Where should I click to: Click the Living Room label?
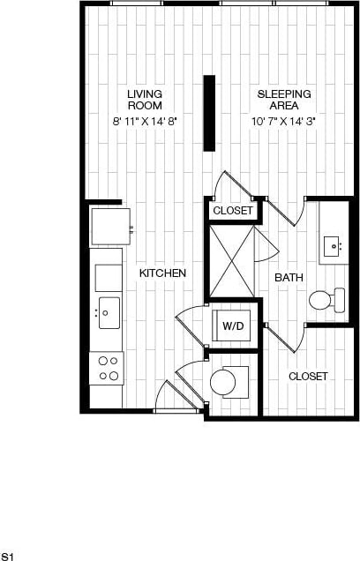pyautogui.click(x=144, y=99)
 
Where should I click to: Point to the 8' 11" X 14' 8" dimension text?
pyautogui.click(x=144, y=121)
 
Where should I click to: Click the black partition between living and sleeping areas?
pyautogui.click(x=209, y=112)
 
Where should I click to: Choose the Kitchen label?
pyautogui.click(x=162, y=273)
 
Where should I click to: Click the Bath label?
pyautogui.click(x=289, y=277)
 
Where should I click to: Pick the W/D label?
pyautogui.click(x=233, y=325)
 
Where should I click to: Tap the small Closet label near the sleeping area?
pyautogui.click(x=233, y=211)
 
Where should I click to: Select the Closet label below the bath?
pyautogui.click(x=308, y=376)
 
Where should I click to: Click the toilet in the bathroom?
pyautogui.click(x=327, y=300)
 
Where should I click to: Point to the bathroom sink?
pyautogui.click(x=334, y=244)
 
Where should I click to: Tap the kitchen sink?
pyautogui.click(x=109, y=311)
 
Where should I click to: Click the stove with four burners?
pyautogui.click(x=107, y=368)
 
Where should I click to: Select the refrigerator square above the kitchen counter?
pyautogui.click(x=110, y=226)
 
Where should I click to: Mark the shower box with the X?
pyautogui.click(x=231, y=262)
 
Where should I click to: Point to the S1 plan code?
pyautogui.click(x=8, y=556)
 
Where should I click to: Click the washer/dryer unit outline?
pyautogui.click(x=233, y=324)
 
